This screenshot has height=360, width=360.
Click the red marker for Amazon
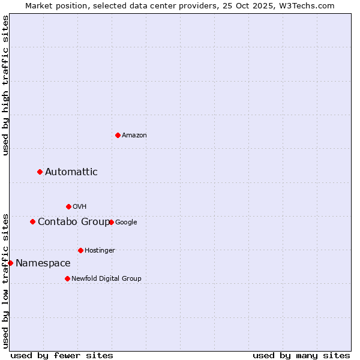(x=118, y=135)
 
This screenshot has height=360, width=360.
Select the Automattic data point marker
(x=40, y=172)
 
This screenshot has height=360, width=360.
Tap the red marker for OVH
(x=68, y=206)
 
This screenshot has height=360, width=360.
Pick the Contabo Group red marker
(x=33, y=222)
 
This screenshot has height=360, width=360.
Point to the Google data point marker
(x=111, y=222)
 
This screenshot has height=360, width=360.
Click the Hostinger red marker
(x=80, y=250)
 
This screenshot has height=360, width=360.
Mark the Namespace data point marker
(x=10, y=263)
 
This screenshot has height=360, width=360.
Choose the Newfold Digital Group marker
(x=67, y=278)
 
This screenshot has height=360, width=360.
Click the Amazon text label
(x=134, y=136)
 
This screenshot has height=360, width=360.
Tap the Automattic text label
(x=71, y=172)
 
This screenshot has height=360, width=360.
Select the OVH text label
(x=80, y=207)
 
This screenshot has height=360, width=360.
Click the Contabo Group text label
(x=74, y=222)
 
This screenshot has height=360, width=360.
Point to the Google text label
(x=126, y=223)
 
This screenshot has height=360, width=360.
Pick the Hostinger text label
(x=100, y=251)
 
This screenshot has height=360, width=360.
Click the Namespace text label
(x=43, y=263)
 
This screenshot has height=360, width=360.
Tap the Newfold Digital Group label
(x=106, y=279)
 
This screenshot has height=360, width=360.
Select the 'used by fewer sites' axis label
(x=62, y=355)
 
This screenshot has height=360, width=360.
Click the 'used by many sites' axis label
(x=301, y=355)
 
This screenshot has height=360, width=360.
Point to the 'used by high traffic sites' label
(x=5, y=85)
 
